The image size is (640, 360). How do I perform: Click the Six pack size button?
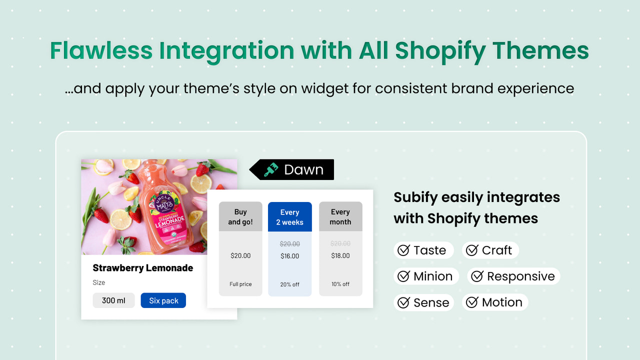[163, 300]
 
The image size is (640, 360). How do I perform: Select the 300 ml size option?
[113, 300]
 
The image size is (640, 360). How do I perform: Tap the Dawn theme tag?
[292, 169]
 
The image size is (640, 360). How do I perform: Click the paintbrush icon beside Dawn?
[271, 169]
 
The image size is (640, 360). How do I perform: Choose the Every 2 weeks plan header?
[289, 217]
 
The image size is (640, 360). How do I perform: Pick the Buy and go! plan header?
[240, 217]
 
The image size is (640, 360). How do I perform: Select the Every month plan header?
[340, 217]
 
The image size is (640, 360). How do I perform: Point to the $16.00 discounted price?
[289, 256]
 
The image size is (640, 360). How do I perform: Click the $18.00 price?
[340, 255]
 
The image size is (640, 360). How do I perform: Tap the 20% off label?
[289, 284]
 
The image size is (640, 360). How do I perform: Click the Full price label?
[240, 284]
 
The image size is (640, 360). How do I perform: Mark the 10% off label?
[340, 284]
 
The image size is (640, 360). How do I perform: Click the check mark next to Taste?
[403, 250]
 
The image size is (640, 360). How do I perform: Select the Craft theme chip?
[490, 250]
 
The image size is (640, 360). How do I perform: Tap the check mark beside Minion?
[403, 276]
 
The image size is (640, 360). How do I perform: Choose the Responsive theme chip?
[513, 276]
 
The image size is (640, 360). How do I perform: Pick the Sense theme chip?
[423, 302]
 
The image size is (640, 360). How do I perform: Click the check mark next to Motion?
[472, 302]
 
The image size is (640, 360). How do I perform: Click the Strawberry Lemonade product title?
[143, 268]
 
